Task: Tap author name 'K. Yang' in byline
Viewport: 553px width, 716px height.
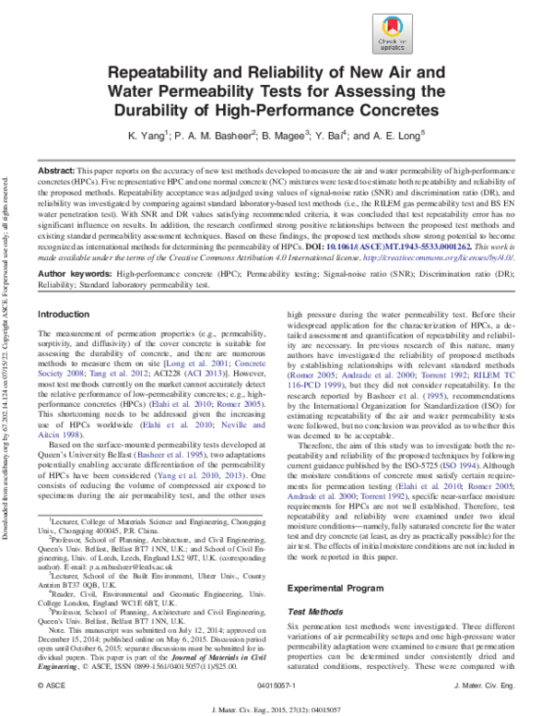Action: point(147,136)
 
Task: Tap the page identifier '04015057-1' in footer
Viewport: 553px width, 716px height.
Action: point(275,687)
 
